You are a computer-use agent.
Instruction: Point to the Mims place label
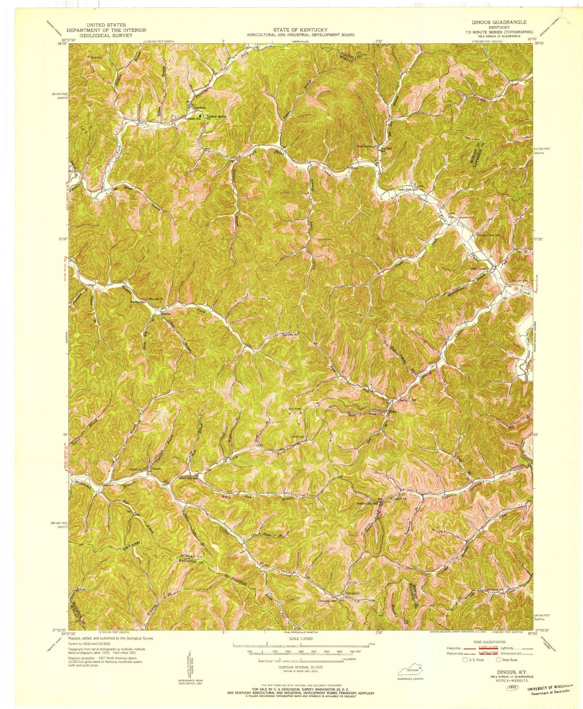[x=393, y=412]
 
